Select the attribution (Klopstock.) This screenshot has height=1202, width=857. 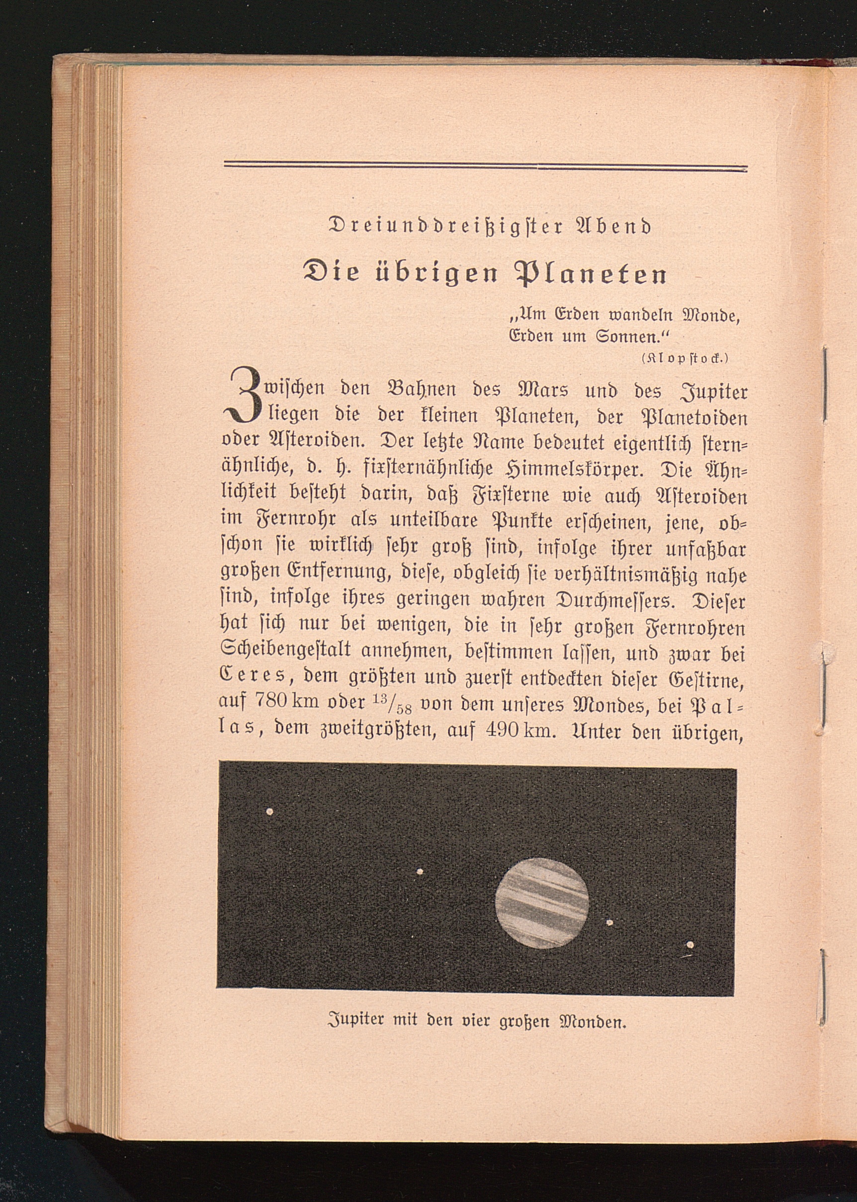tap(685, 358)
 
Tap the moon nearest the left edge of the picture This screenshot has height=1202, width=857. tap(269, 826)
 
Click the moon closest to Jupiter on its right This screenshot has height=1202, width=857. tap(609, 923)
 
